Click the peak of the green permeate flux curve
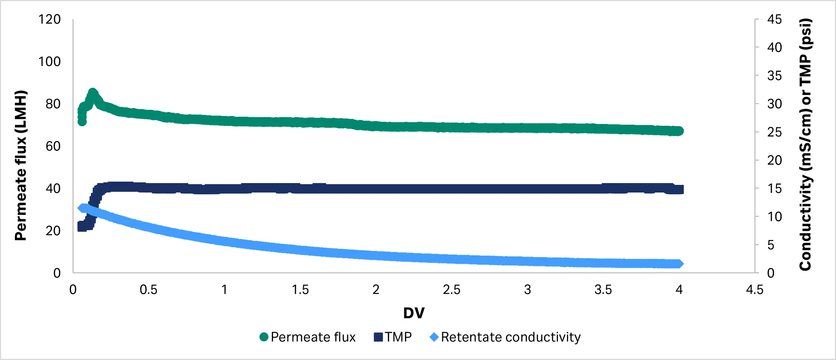[92, 93]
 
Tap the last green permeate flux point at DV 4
[679, 131]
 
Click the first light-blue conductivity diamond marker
[82, 208]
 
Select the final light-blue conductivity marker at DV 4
[679, 264]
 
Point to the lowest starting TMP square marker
[82, 227]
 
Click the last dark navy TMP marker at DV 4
[679, 190]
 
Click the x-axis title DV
[414, 313]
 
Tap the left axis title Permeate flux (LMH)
[21, 165]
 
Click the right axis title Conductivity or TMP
[806, 145]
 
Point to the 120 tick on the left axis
[50, 19]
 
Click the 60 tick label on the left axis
[53, 146]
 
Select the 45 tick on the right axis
[774, 19]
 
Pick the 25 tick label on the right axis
[774, 132]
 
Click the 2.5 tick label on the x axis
[451, 290]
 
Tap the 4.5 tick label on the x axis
[754, 290]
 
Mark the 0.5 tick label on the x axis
[149, 290]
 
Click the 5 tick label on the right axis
[771, 245]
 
